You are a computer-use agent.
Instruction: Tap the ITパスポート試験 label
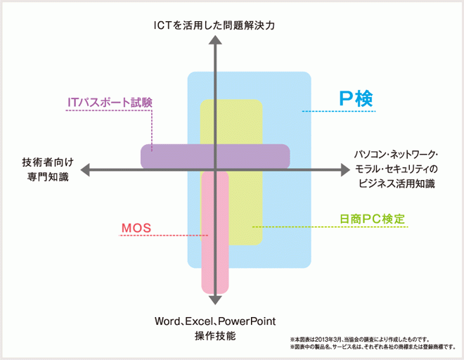tap(110, 102)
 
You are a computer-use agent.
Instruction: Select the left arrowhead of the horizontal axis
tap(85, 169)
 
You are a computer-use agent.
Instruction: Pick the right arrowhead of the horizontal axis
tap(344, 169)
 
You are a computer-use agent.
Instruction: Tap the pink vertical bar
tap(215, 267)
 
